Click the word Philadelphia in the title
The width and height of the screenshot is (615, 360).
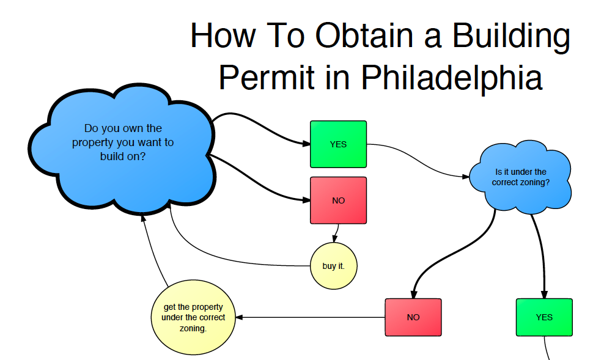451,78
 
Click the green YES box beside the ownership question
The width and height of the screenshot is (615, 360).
338,144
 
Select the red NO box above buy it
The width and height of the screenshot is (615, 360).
338,200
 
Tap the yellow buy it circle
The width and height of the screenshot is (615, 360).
333,266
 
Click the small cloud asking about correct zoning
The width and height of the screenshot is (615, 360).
520,177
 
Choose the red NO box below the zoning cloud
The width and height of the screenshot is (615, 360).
413,317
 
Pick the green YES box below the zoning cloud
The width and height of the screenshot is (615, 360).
544,317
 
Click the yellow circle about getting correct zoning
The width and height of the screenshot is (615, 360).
193,317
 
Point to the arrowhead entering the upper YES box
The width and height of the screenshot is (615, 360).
306,144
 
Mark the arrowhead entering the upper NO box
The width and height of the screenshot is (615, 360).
306,200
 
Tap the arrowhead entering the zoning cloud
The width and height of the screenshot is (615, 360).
467,177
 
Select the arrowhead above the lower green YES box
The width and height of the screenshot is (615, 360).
544,294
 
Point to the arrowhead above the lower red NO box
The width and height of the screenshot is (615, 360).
414,294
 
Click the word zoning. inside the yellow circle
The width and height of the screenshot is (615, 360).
193,328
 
